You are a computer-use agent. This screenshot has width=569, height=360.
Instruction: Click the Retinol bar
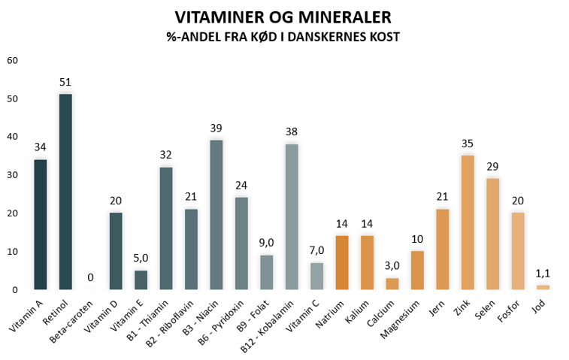[65, 192]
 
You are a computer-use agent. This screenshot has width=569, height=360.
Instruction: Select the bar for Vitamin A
[41, 224]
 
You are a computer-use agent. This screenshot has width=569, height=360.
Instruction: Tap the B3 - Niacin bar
[216, 214]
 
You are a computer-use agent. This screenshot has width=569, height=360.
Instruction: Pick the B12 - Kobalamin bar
[291, 216]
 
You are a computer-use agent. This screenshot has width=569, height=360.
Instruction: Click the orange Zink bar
[467, 222]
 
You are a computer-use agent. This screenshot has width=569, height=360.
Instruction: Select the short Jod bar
[543, 287]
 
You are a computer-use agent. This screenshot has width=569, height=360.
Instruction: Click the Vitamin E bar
[141, 280]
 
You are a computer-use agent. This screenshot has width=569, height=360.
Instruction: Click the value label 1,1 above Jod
[543, 274]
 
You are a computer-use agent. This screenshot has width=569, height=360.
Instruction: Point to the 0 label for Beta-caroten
[91, 277]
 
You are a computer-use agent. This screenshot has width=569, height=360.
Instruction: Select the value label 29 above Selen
[492, 167]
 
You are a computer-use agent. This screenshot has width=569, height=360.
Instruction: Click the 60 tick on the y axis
[12, 60]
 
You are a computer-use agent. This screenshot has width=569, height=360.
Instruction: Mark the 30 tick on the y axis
[12, 174]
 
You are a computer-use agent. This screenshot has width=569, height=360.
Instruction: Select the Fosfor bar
[517, 251]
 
